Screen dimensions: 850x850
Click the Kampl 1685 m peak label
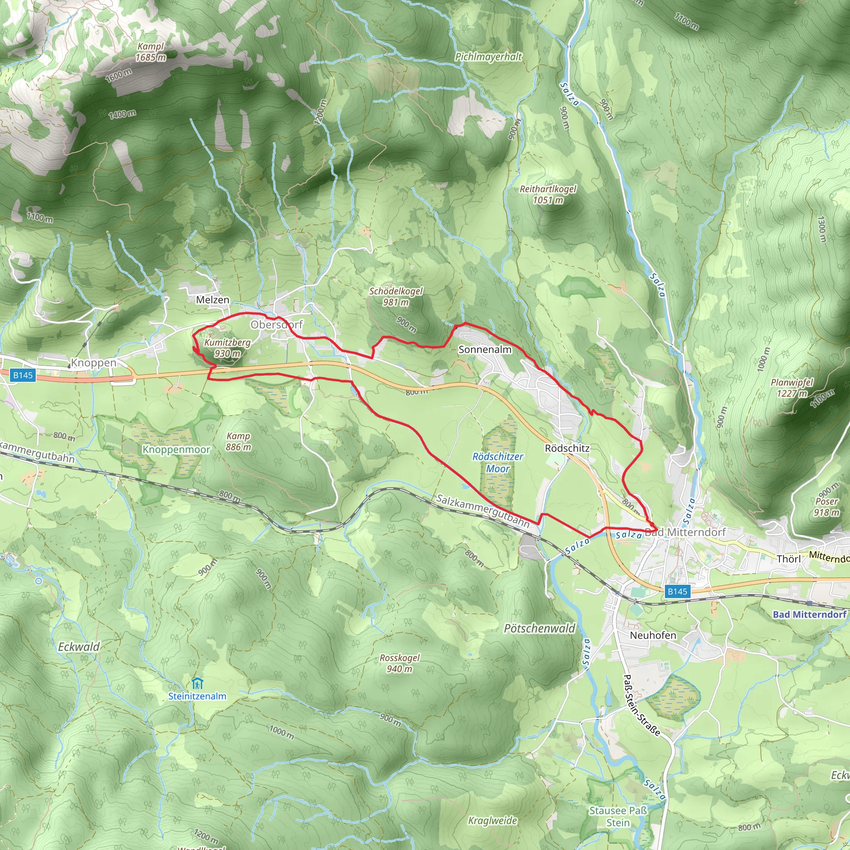click(x=151, y=52)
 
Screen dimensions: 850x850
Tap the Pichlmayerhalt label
click(x=489, y=57)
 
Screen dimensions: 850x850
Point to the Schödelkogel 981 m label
click(x=396, y=296)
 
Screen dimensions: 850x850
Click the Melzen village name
click(x=212, y=300)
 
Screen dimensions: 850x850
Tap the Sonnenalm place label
click(x=485, y=349)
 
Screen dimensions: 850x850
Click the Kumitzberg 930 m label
click(x=227, y=348)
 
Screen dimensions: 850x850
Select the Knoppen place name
click(x=93, y=362)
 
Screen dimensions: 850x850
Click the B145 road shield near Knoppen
click(x=23, y=375)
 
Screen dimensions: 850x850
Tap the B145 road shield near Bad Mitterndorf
click(x=677, y=591)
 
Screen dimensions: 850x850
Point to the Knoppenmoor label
click(x=176, y=449)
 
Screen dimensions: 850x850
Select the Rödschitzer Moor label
click(x=498, y=462)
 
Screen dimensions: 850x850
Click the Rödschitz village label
click(x=567, y=448)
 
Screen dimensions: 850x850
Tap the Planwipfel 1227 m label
click(x=792, y=388)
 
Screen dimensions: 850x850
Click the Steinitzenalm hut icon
click(x=198, y=683)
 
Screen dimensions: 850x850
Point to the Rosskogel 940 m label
click(x=400, y=663)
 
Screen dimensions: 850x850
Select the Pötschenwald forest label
click(x=540, y=628)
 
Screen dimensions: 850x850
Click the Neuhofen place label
click(x=653, y=635)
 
